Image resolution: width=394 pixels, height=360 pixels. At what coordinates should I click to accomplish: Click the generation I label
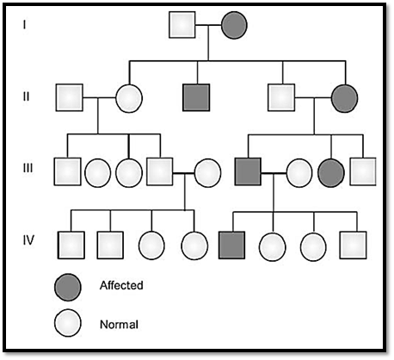pyautogui.click(x=24, y=25)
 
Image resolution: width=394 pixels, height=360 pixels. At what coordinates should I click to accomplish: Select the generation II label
pyautogui.click(x=26, y=96)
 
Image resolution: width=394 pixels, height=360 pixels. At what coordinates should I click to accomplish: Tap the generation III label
pyautogui.click(x=28, y=168)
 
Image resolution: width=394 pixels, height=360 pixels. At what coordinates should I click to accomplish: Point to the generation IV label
pyautogui.click(x=28, y=239)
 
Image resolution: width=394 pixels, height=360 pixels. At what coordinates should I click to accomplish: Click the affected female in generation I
pyautogui.click(x=234, y=25)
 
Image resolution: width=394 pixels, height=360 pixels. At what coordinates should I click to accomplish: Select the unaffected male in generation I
pyautogui.click(x=182, y=25)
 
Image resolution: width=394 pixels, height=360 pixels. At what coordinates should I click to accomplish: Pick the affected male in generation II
pyautogui.click(x=196, y=97)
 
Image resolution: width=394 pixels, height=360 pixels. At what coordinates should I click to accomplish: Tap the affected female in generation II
pyautogui.click(x=344, y=98)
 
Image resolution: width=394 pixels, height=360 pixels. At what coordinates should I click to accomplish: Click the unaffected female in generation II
pyautogui.click(x=129, y=98)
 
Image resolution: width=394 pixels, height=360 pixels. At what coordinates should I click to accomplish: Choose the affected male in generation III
pyautogui.click(x=248, y=171)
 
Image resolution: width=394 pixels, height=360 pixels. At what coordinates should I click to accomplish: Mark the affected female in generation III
pyautogui.click(x=331, y=173)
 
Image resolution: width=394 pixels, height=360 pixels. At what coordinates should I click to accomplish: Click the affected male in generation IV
pyautogui.click(x=232, y=245)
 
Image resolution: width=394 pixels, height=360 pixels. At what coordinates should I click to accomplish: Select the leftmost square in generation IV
pyautogui.click(x=71, y=245)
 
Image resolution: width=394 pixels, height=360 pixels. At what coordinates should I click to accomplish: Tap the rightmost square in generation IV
pyautogui.click(x=353, y=245)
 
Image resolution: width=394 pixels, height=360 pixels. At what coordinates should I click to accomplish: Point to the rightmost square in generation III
pyautogui.click(x=363, y=171)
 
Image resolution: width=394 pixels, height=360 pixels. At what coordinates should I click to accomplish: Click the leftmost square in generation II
pyautogui.click(x=70, y=97)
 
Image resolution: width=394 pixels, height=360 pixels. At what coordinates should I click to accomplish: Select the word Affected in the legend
pyautogui.click(x=121, y=285)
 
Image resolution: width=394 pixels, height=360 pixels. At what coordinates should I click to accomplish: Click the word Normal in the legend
pyautogui.click(x=119, y=325)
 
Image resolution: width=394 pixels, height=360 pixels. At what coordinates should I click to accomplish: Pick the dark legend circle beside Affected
pyautogui.click(x=68, y=288)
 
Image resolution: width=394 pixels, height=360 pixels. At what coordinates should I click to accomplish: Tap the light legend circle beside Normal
pyautogui.click(x=68, y=323)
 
